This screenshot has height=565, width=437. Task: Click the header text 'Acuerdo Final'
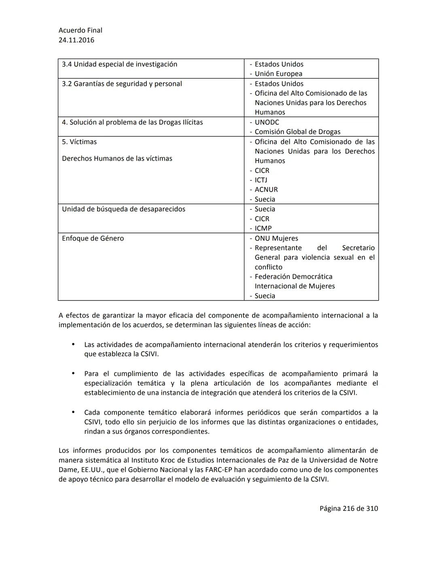tap(80, 30)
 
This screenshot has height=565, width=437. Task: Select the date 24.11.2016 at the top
tap(76, 40)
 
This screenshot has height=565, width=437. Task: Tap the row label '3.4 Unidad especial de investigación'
tap(119, 64)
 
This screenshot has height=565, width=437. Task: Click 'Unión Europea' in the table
tap(278, 74)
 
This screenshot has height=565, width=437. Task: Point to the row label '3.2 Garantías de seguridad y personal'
tap(122, 84)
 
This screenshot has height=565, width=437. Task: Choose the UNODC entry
tap(267, 122)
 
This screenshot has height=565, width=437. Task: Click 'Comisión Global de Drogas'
tap(297, 132)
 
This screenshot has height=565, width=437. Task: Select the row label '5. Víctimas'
tap(79, 142)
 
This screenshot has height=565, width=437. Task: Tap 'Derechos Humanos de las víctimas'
tap(117, 159)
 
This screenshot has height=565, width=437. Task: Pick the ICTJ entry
tap(261, 180)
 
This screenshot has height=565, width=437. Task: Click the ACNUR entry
tap(266, 190)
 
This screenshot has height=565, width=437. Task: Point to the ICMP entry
tap(263, 229)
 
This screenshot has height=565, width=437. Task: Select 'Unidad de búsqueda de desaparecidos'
tap(123, 209)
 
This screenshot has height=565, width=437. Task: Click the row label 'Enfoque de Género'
tap(93, 239)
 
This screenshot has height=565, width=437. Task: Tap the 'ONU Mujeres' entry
tap(276, 239)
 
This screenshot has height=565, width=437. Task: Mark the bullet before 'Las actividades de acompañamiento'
tap(73, 345)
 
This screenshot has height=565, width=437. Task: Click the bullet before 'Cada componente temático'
tap(73, 412)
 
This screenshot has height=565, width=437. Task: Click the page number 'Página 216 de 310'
tap(348, 508)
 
